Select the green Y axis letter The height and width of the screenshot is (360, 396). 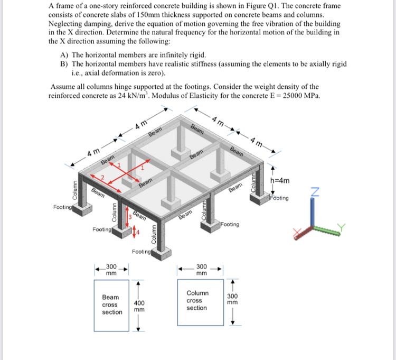[x=341, y=227]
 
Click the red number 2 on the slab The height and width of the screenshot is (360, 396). [x=103, y=177]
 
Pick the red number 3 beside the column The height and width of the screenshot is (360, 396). [x=129, y=217]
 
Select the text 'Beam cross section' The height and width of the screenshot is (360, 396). [x=112, y=304]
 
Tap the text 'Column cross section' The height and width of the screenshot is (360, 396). [x=197, y=300]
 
